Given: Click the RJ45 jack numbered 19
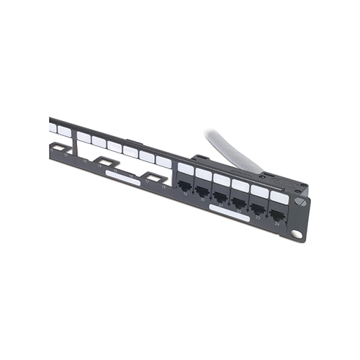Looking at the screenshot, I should [185, 186].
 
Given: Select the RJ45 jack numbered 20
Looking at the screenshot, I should [203, 192].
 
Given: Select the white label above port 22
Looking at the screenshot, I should [240, 184].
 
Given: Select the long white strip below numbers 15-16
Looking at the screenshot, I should [122, 177].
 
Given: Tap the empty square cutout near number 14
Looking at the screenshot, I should [107, 163].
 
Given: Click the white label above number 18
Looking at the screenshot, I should [163, 162].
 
